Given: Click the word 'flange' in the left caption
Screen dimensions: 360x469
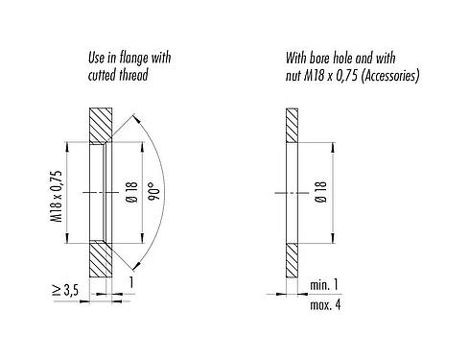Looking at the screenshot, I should click(135, 58).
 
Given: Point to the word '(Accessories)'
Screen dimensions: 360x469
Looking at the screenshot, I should click(387, 74).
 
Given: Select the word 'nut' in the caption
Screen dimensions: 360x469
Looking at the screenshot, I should click(295, 74).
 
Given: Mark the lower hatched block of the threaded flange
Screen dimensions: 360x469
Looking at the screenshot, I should click(102, 259).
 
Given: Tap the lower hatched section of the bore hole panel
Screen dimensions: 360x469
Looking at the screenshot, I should click(292, 259).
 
